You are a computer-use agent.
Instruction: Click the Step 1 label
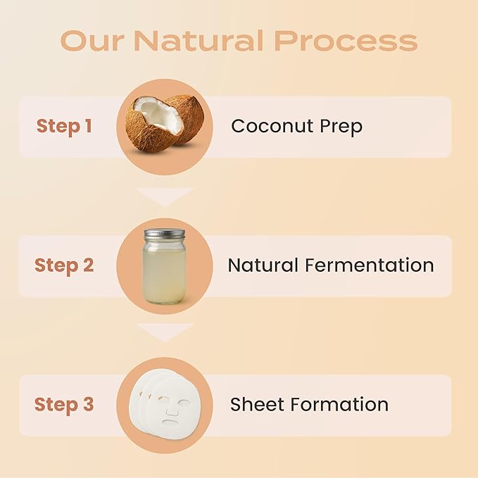pyautogui.click(x=64, y=127)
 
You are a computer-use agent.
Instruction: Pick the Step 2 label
pyautogui.click(x=64, y=265)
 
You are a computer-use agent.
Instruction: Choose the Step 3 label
pyautogui.click(x=64, y=405)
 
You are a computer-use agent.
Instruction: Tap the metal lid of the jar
pyautogui.click(x=164, y=234)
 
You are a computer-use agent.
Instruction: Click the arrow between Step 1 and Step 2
pyautogui.click(x=164, y=196)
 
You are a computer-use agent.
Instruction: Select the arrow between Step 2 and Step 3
pyautogui.click(x=164, y=332)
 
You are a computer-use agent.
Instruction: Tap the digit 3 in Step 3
pyautogui.click(x=87, y=405)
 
